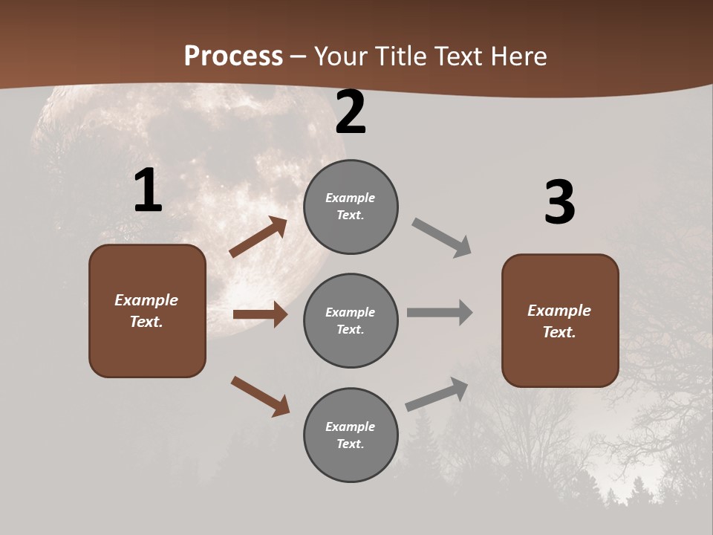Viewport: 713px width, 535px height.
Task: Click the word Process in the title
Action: [x=233, y=56]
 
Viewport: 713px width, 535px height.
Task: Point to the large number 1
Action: [x=148, y=191]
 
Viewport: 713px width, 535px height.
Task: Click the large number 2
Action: [x=351, y=112]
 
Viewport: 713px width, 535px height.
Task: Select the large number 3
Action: [x=559, y=202]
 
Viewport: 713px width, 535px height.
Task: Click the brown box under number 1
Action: [x=147, y=311]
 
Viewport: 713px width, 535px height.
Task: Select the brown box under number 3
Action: [x=560, y=321]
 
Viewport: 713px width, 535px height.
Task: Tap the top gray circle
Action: [x=351, y=207]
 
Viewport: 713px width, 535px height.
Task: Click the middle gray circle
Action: [x=351, y=321]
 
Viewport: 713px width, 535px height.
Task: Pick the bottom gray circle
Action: [x=351, y=435]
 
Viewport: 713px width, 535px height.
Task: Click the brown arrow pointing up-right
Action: [x=258, y=238]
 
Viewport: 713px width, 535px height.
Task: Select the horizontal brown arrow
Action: [x=260, y=314]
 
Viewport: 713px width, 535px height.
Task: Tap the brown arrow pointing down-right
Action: [x=260, y=396]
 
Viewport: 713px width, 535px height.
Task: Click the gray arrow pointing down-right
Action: [x=441, y=238]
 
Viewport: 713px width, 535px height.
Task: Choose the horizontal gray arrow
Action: [x=440, y=313]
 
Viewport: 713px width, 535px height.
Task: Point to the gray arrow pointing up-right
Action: [x=437, y=395]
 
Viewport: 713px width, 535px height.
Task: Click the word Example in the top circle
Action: [x=351, y=198]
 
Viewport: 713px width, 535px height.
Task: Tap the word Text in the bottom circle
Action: [x=349, y=444]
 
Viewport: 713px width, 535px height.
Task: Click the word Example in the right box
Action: [x=559, y=311]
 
